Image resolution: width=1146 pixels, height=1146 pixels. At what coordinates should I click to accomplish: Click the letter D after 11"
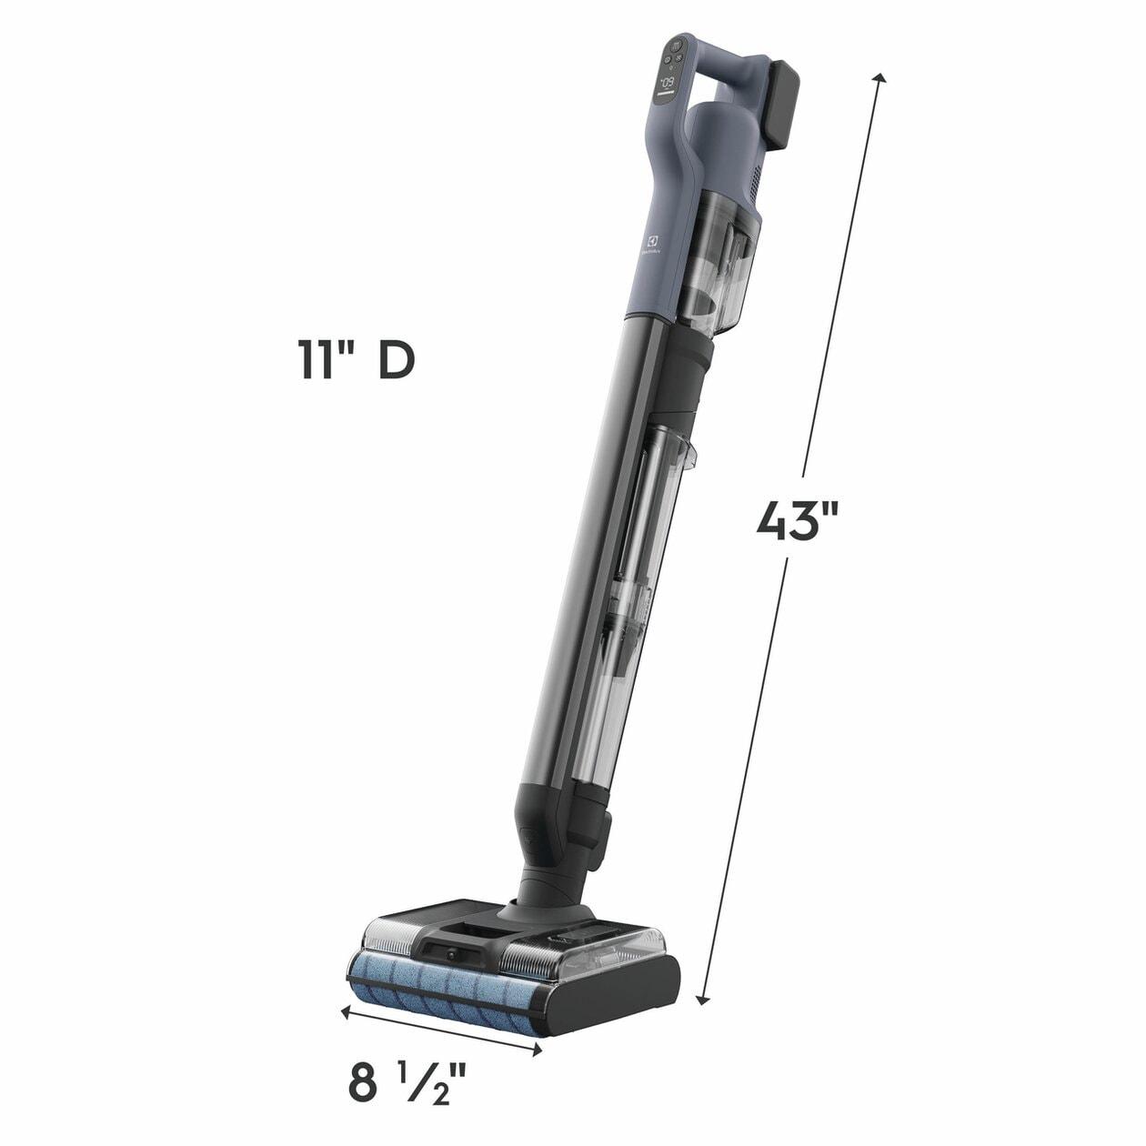[x=397, y=361]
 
